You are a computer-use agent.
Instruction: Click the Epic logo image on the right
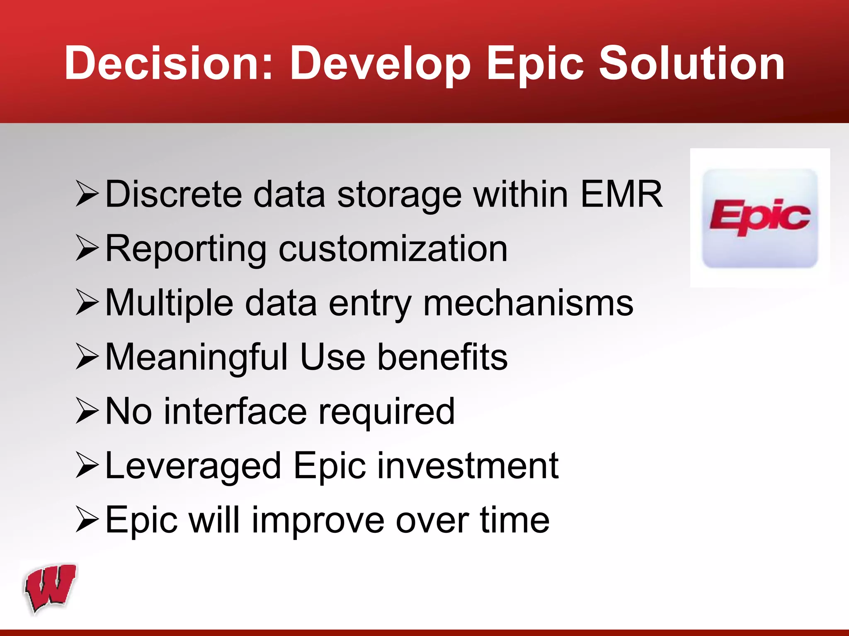point(759,218)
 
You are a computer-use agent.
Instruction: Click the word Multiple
point(169,304)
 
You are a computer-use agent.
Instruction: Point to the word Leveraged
point(193,467)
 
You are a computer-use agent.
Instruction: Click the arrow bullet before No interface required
point(87,411)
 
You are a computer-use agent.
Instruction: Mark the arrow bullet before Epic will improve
point(87,519)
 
